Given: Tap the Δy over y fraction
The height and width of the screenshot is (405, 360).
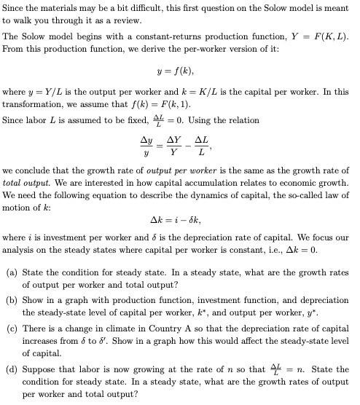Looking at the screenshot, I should point(146,146).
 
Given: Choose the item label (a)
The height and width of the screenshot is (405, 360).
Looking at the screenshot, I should point(12,273).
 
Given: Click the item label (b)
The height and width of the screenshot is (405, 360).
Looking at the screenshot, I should point(12,301).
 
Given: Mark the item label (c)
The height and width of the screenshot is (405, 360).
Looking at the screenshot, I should point(12,329).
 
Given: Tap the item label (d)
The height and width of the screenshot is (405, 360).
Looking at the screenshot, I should point(12,369).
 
